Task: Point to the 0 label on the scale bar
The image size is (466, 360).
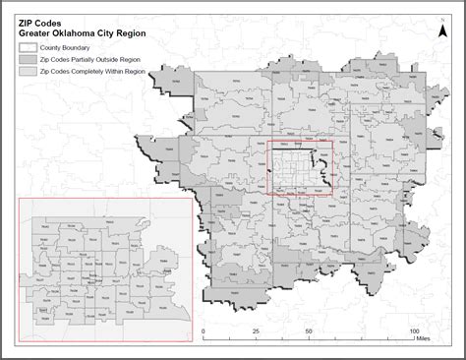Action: coord(204,330)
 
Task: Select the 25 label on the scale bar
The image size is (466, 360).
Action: coord(256,330)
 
